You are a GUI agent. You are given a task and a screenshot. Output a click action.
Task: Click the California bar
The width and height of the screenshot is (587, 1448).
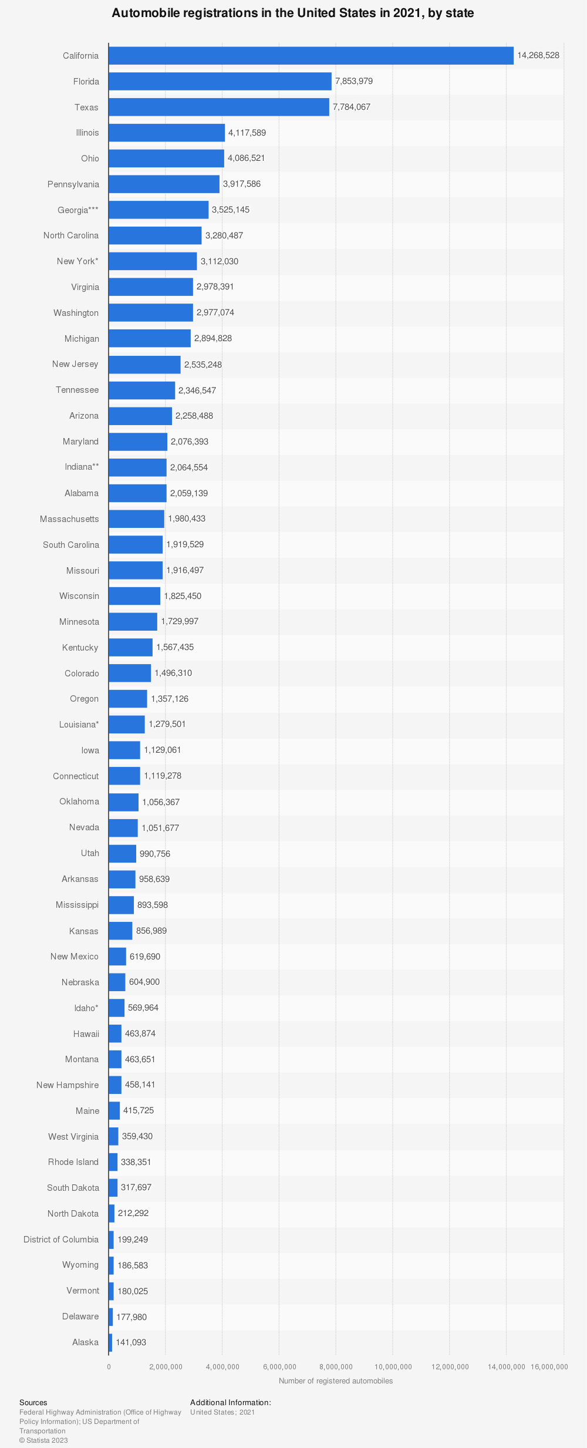(x=311, y=56)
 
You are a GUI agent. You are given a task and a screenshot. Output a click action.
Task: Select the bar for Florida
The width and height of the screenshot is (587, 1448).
(x=220, y=81)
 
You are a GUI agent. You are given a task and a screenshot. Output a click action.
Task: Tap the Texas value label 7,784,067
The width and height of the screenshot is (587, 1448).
(x=352, y=107)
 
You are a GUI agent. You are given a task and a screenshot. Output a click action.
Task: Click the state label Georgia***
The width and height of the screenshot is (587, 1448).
(x=78, y=210)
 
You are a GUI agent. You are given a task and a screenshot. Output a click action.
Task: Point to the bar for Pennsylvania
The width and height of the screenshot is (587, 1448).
(x=164, y=184)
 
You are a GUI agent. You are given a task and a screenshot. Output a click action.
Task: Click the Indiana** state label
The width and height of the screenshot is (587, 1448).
(x=82, y=467)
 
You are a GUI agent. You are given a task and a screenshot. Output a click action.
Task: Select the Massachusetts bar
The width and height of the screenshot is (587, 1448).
(x=136, y=518)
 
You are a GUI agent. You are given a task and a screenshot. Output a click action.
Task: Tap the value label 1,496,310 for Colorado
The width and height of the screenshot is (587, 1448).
(x=173, y=673)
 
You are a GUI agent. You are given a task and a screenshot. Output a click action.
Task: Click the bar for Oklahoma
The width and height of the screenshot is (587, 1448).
(x=123, y=802)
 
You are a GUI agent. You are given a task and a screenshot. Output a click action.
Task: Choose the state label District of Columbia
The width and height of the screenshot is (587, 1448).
(x=61, y=1240)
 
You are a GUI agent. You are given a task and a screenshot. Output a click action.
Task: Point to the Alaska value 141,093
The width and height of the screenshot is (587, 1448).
(x=131, y=1342)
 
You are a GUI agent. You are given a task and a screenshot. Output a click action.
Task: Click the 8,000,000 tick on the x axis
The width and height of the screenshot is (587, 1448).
(x=336, y=1366)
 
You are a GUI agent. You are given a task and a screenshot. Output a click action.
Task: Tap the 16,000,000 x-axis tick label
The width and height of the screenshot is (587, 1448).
(x=549, y=1366)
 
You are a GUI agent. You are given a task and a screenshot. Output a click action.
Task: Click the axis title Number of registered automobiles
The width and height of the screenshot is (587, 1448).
(x=336, y=1380)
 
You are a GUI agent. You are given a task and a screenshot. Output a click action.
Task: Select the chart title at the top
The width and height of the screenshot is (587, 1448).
(x=293, y=13)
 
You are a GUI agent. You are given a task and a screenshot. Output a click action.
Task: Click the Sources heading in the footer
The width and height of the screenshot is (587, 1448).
(x=33, y=1402)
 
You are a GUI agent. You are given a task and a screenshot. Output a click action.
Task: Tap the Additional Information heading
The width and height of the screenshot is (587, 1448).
(x=231, y=1402)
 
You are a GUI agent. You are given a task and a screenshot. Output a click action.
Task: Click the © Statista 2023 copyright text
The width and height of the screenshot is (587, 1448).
(x=43, y=1440)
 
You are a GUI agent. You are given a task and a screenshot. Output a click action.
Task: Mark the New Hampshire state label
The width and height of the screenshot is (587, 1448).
(x=68, y=1085)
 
